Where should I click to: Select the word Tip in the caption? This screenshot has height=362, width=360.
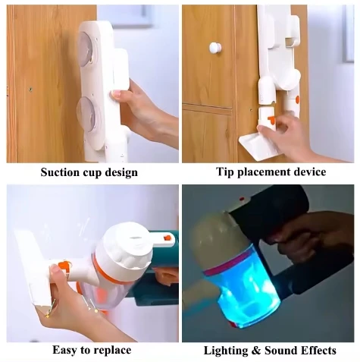224,172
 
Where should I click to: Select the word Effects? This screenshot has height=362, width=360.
319,350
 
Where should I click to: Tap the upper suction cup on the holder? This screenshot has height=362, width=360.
86,48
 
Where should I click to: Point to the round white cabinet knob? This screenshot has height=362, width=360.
215,47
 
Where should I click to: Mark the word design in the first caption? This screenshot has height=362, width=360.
124,172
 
